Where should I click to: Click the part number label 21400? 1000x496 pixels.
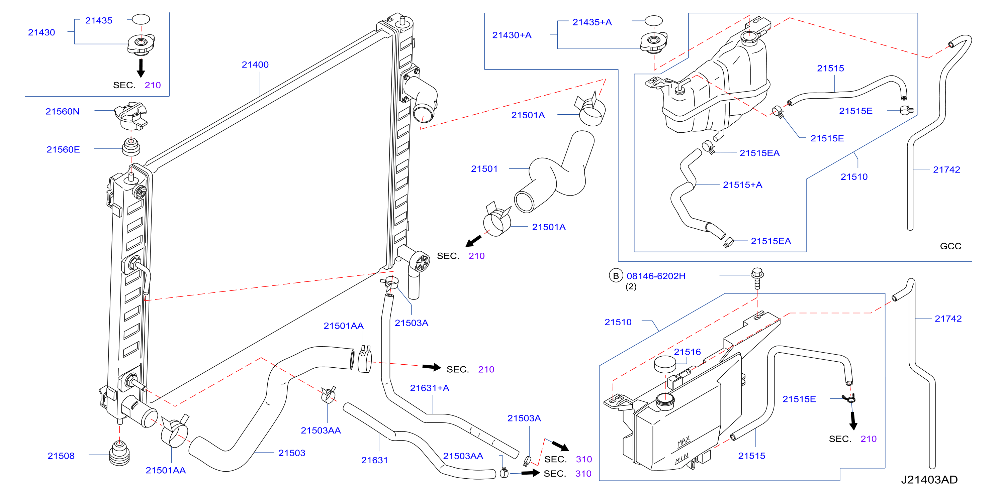pyautogui.click(x=255, y=65)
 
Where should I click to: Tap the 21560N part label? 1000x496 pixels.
pyautogui.click(x=63, y=111)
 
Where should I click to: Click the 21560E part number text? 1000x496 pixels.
pyautogui.click(x=63, y=150)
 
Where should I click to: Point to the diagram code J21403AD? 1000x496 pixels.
pyautogui.click(x=929, y=480)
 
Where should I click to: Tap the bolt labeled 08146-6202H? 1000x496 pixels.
pyautogui.click(x=757, y=278)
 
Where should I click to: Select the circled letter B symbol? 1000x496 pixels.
pyautogui.click(x=616, y=276)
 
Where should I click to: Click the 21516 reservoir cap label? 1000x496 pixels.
pyautogui.click(x=688, y=352)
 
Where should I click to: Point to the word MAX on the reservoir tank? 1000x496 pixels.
pyautogui.click(x=684, y=441)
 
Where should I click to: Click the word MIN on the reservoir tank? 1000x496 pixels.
pyautogui.click(x=682, y=458)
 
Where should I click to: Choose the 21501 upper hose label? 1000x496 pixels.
pyautogui.click(x=484, y=169)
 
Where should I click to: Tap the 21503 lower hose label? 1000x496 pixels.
pyautogui.click(x=292, y=453)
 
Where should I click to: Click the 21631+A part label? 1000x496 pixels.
pyautogui.click(x=430, y=388)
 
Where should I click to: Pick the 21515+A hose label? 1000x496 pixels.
pyautogui.click(x=743, y=184)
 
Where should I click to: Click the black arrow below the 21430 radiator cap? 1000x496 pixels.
pyautogui.click(x=141, y=68)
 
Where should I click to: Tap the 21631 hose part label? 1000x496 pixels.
pyautogui.click(x=375, y=460)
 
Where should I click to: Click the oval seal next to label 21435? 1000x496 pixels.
pyautogui.click(x=141, y=19)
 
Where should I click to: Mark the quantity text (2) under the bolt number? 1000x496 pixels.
pyautogui.click(x=631, y=286)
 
